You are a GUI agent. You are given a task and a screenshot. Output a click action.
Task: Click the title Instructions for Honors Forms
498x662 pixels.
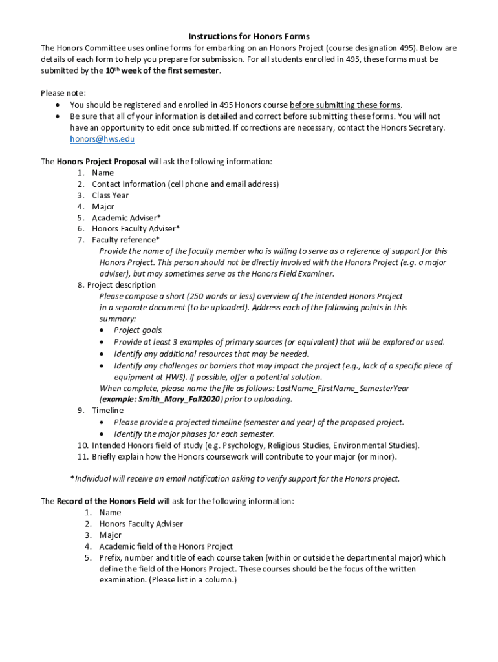coord(249,37)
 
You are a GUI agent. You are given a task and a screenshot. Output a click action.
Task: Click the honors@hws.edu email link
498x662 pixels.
coord(102,139)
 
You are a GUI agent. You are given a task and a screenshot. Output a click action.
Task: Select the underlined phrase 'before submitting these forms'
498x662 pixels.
coord(345,105)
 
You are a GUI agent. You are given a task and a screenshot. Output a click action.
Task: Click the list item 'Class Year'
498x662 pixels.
coord(110,195)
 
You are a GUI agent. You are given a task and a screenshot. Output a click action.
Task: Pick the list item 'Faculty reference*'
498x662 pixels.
coord(125,240)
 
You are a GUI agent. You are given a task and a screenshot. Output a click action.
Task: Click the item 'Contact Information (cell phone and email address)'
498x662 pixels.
coord(185,184)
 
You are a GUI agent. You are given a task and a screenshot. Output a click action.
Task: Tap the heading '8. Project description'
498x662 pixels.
coord(116,285)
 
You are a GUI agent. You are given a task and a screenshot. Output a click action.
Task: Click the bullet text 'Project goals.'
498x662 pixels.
coord(138,330)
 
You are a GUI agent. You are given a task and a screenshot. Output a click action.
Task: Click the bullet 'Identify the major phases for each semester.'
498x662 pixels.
coord(194,434)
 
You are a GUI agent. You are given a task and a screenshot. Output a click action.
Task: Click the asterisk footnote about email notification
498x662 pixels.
coord(235,479)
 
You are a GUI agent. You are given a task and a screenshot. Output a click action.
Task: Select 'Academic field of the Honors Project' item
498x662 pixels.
coord(166,546)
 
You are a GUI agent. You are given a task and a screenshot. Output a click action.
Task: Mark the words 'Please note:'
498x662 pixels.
coord(63,94)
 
